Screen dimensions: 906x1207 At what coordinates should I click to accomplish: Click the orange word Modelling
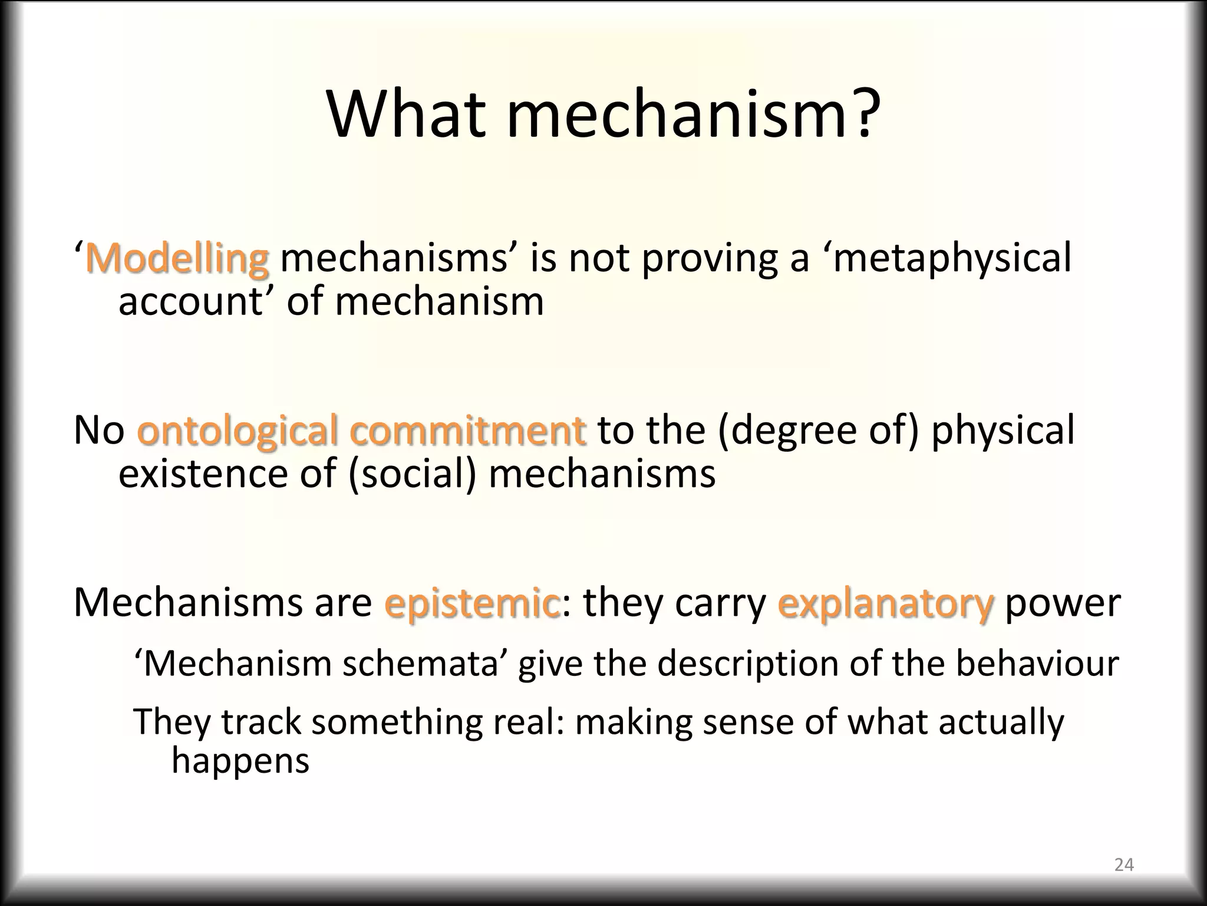pos(177,258)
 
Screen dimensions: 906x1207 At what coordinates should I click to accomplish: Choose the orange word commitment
pos(468,430)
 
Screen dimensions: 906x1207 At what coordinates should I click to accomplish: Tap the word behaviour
pos(1037,663)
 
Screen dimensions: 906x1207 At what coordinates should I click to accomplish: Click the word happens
pos(240,760)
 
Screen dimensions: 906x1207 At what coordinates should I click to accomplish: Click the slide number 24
pos(1124,865)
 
